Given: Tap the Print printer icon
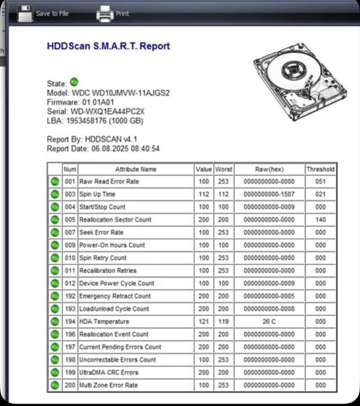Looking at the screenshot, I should tap(105, 13).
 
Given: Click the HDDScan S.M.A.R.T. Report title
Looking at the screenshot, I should tap(108, 46).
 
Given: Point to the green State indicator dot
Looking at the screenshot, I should tap(74, 82).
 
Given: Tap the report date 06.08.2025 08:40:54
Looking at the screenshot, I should tap(125, 149).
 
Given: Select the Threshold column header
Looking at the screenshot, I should tap(321, 169).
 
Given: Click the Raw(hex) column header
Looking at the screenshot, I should tap(269, 169).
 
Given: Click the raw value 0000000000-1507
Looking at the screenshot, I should tap(269, 194).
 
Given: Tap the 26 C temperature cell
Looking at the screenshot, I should tap(269, 321).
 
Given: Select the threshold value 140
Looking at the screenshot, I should tap(321, 220).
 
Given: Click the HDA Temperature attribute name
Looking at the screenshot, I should tap(105, 321).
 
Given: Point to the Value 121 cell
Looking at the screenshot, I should tap(203, 321).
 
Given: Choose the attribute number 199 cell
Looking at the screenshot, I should tap(70, 372).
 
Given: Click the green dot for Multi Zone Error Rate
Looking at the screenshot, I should tap(55, 385).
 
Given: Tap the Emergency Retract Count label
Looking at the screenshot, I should tap(115, 296).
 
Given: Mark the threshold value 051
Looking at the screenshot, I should tap(321, 181).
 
